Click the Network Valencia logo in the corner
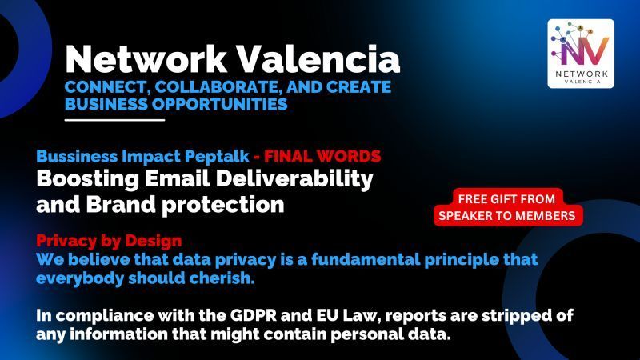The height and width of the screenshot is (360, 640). (581, 54)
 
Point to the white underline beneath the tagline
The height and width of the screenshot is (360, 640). (114, 120)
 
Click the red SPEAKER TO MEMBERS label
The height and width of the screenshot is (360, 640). (510, 215)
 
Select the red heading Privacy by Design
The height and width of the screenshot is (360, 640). (109, 241)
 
